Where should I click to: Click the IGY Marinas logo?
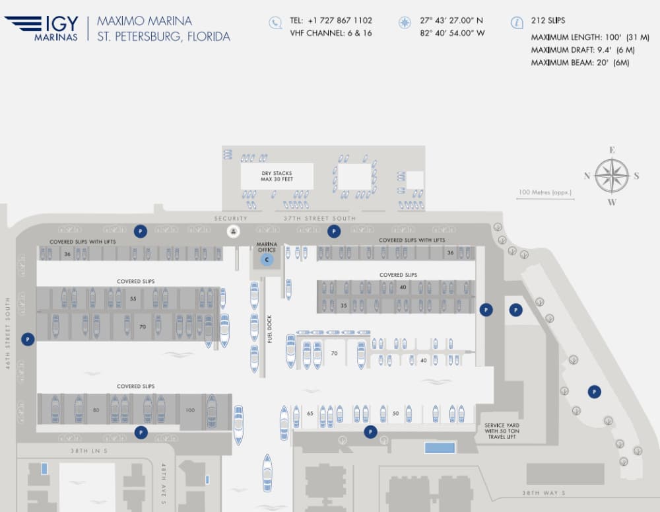(41, 28)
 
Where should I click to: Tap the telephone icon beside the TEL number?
(275, 22)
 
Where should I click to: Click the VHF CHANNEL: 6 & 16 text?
(331, 33)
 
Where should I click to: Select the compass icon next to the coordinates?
(405, 22)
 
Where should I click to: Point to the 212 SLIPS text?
(548, 20)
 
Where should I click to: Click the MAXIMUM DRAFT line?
(583, 50)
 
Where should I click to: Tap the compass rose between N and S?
(612, 176)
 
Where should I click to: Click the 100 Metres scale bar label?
(545, 192)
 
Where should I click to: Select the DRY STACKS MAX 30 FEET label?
(277, 176)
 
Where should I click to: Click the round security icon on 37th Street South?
(234, 231)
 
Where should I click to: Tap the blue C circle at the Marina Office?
(267, 260)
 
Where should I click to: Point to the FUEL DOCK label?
(270, 329)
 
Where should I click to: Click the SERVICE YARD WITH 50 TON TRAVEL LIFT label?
(502, 431)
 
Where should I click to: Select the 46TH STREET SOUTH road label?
(7, 334)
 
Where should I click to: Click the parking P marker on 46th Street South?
(28, 339)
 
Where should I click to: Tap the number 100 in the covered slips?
(190, 410)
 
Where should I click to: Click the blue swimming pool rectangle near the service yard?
(440, 447)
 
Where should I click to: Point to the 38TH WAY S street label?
(543, 493)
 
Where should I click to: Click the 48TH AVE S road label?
(164, 484)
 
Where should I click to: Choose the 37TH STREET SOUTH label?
(319, 218)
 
